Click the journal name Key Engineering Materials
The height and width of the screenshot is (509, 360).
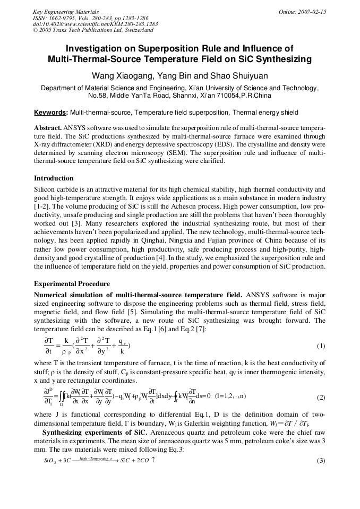pyautogui.click(x=65, y=12)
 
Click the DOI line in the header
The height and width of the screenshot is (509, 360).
pyautogui.click(x=95, y=24)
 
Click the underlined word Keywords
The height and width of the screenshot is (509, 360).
pyautogui.click(x=50, y=113)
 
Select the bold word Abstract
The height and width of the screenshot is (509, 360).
pyautogui.click(x=48, y=128)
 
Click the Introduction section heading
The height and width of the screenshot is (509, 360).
pyautogui.click(x=54, y=178)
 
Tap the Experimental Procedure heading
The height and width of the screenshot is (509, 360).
pyautogui.click(x=72, y=284)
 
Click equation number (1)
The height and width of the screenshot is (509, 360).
pyautogui.click(x=321, y=347)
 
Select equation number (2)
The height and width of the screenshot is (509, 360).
pyautogui.click(x=321, y=398)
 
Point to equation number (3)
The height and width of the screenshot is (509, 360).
pyautogui.click(x=321, y=460)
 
